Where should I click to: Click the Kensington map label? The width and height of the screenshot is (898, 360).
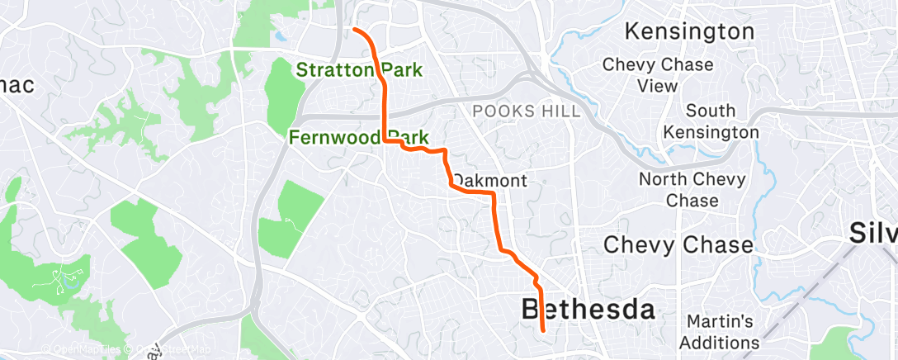coord(689,32)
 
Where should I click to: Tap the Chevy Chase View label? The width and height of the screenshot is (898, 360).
coord(640,75)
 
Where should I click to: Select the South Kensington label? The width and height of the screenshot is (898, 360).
coord(710,121)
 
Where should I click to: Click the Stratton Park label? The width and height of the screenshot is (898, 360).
coord(359,70)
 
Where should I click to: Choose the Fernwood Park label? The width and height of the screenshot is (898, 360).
coord(358,137)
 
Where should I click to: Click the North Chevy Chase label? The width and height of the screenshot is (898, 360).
coord(692,190)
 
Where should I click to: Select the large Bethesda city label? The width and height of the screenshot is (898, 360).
coord(588,310)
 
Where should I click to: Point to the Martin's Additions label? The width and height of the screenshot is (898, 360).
coord(721,331)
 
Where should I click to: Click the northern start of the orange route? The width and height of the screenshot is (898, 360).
coord(355,30)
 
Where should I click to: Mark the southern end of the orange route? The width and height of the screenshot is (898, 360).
coord(543,330)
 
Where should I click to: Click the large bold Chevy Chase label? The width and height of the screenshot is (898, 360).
coord(678,245)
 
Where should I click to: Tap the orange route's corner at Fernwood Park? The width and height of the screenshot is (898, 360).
coord(385,142)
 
